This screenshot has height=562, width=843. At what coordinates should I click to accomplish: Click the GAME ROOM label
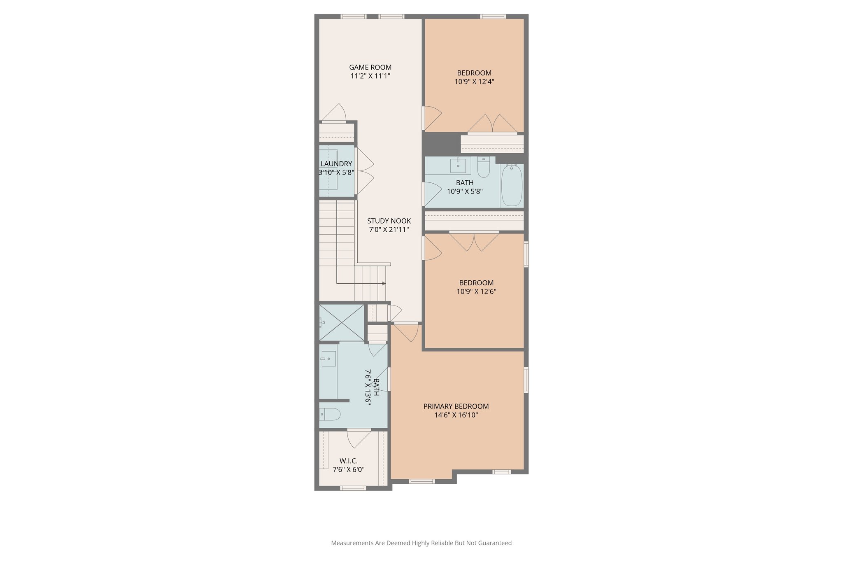pyautogui.click(x=370, y=67)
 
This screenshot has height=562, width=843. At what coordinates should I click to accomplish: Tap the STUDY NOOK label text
pyautogui.click(x=389, y=221)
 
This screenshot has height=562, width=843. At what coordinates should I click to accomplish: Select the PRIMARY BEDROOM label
pyautogui.click(x=456, y=406)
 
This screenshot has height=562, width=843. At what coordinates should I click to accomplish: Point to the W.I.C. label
pyautogui.click(x=348, y=461)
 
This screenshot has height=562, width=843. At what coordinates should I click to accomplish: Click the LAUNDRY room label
pyautogui.click(x=336, y=164)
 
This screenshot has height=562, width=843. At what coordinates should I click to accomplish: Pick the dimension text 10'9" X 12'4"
pyautogui.click(x=474, y=82)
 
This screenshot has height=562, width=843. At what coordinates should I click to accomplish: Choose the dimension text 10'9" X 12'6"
pyautogui.click(x=476, y=291)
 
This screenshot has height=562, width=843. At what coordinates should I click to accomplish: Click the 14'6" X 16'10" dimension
pyautogui.click(x=456, y=415)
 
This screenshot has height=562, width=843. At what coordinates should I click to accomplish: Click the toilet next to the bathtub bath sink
pyautogui.click(x=483, y=168)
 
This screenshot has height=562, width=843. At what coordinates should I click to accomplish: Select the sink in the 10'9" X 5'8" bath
pyautogui.click(x=458, y=165)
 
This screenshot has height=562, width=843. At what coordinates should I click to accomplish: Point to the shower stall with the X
pyautogui.click(x=342, y=323)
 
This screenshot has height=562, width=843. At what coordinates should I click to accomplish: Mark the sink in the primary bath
pyautogui.click(x=328, y=359)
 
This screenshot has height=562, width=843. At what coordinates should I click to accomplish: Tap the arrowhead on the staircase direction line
pyautogui.click(x=384, y=284)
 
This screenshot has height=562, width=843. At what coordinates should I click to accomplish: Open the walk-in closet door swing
pyautogui.click(x=357, y=438)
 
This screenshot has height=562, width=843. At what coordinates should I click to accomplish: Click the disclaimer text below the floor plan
pyautogui.click(x=421, y=543)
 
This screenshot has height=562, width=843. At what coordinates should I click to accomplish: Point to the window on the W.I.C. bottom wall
pyautogui.click(x=353, y=488)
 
